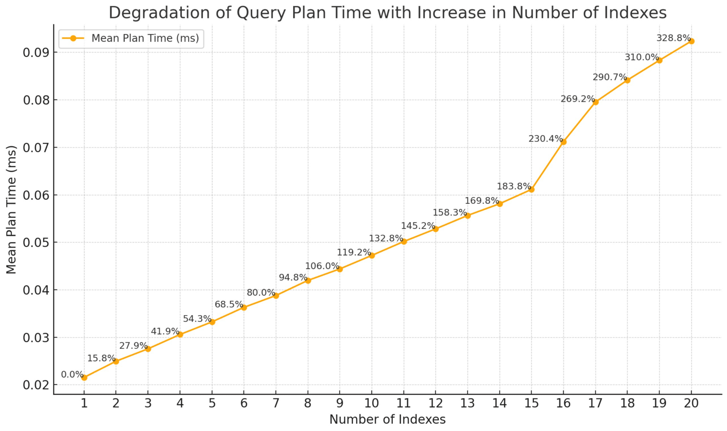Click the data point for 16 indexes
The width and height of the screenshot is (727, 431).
[x=563, y=142]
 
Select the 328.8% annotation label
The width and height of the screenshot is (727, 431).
[x=673, y=38]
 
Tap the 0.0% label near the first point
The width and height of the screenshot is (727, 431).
[x=72, y=374]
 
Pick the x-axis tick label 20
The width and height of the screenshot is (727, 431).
[x=691, y=403]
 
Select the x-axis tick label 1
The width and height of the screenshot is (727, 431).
[x=84, y=403]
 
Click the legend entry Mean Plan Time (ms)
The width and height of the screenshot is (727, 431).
[x=145, y=38]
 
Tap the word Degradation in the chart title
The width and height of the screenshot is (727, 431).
[x=159, y=13]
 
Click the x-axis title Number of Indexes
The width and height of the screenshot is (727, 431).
[x=387, y=419]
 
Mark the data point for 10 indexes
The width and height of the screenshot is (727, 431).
[x=372, y=255]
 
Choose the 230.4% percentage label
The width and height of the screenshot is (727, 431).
[x=545, y=139]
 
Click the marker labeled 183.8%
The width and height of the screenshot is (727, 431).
[x=531, y=189]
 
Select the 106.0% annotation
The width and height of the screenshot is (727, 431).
[x=322, y=266]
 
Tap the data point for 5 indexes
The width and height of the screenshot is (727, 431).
[x=212, y=322]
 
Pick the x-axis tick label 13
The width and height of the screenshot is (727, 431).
[x=467, y=403]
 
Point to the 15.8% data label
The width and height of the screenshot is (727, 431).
[x=101, y=358]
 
